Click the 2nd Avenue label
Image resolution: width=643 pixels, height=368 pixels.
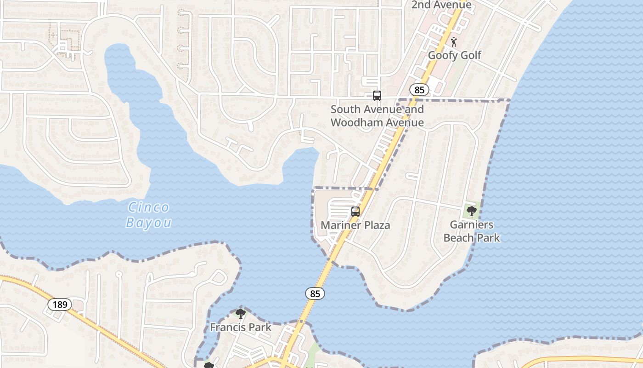click(x=441, y=5)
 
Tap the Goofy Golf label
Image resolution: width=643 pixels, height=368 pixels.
click(x=454, y=55)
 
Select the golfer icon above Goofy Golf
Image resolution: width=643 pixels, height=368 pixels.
click(x=454, y=42)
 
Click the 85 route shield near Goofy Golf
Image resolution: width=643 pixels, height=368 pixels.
click(x=419, y=90)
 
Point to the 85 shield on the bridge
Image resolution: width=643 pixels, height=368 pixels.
click(x=315, y=293)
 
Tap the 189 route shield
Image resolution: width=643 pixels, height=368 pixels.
click(x=60, y=304)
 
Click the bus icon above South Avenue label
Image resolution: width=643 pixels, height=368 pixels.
click(x=377, y=96)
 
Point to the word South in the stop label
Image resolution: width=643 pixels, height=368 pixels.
click(x=345, y=109)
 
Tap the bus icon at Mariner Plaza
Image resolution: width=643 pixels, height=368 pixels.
click(x=355, y=212)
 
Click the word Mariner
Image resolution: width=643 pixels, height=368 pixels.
click(x=341, y=225)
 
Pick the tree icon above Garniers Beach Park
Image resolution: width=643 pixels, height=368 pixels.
click(x=471, y=211)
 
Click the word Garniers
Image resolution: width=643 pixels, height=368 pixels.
click(x=472, y=225)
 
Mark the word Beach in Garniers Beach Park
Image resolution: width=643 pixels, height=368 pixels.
click(x=460, y=238)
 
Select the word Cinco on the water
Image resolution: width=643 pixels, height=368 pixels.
click(x=148, y=207)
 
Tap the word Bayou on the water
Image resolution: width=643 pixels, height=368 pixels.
click(x=148, y=223)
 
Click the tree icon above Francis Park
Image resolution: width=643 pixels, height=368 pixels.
click(x=240, y=314)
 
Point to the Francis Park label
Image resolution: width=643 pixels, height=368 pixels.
click(x=241, y=328)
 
